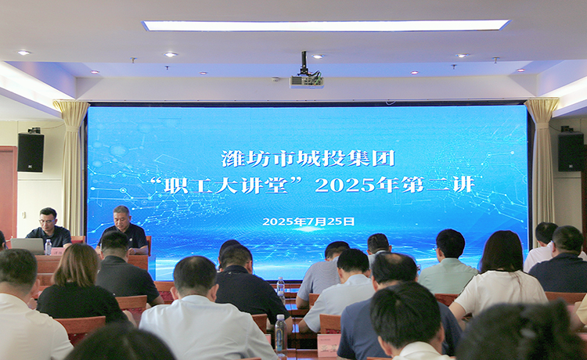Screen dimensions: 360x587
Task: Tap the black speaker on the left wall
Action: pos(31,152)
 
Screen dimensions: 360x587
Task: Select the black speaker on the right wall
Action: pos(571,151)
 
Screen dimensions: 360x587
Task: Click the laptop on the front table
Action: pos(27,246)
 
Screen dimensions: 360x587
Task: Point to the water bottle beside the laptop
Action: pos(49,247)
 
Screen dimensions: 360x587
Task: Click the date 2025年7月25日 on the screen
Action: pos(308,221)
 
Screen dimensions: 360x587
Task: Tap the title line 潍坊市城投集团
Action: pos(308,158)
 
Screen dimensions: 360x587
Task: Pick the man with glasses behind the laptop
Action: pos(49,228)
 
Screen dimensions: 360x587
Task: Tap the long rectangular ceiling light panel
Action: pos(326,25)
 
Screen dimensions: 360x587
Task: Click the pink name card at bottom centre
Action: pos(329,344)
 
